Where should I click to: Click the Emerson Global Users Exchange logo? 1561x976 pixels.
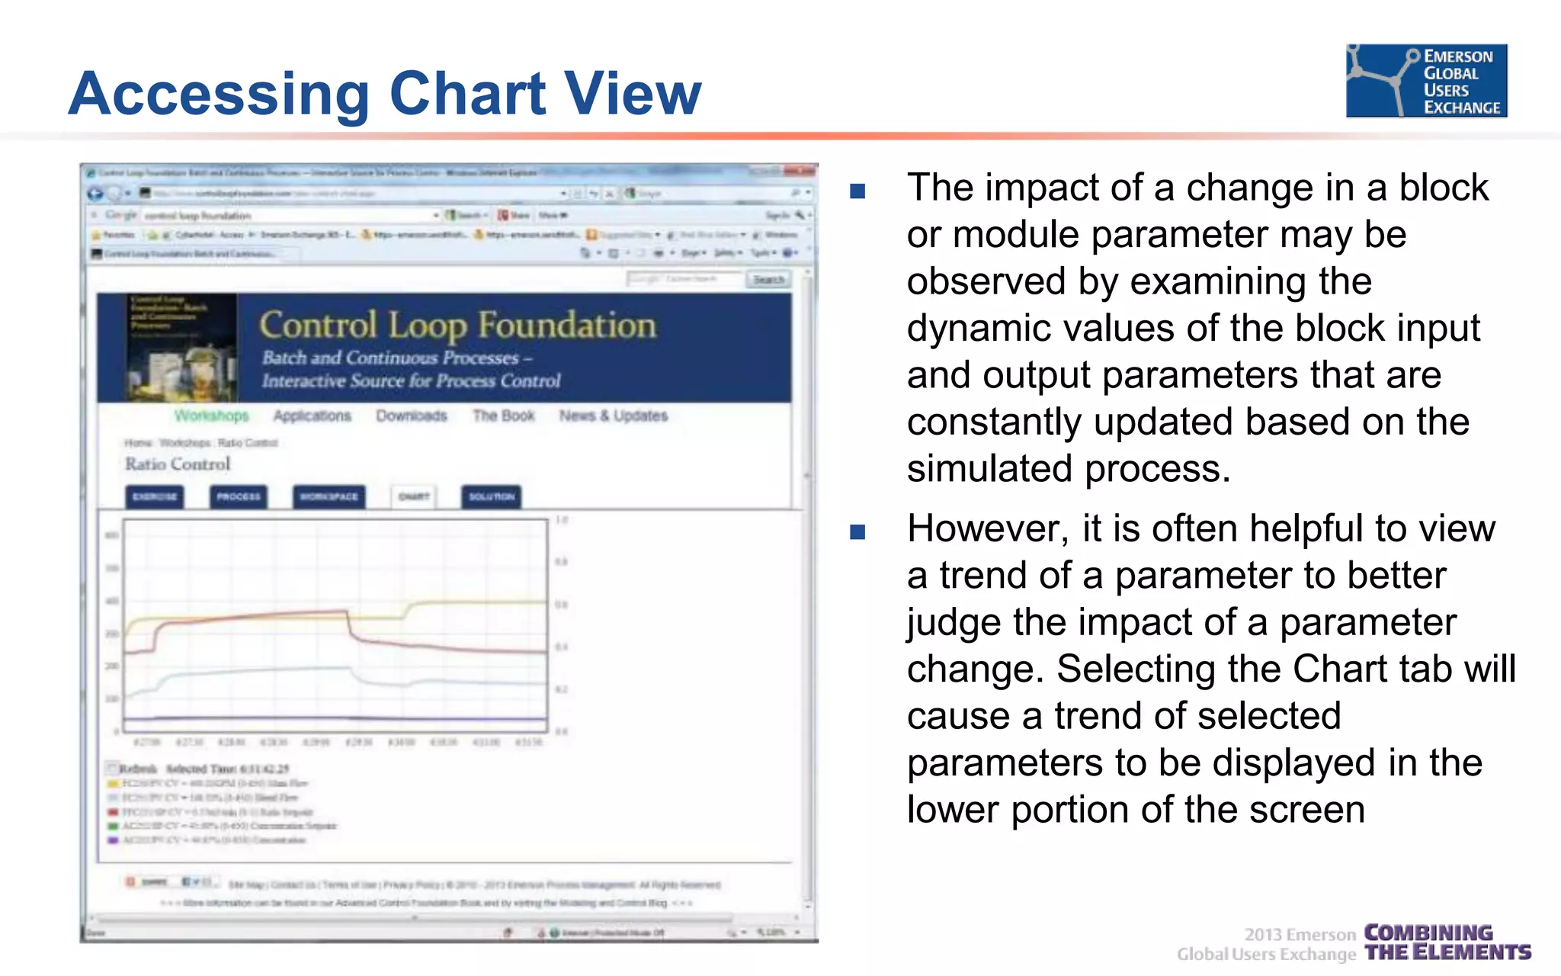(x=1426, y=81)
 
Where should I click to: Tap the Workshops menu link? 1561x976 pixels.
(x=211, y=416)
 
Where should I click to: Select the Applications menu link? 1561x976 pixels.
(x=312, y=416)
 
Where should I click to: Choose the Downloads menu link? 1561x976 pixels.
(x=411, y=416)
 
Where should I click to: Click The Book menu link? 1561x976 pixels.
(x=503, y=416)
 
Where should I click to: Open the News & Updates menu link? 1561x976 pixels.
(x=613, y=416)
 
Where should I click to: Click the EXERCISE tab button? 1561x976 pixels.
(x=155, y=496)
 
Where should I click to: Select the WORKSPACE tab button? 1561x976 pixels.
(x=329, y=496)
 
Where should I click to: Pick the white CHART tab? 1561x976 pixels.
(x=413, y=496)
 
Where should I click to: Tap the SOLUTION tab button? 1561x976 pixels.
(x=491, y=496)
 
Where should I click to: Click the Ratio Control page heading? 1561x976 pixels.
(x=178, y=464)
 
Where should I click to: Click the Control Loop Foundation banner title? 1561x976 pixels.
(x=457, y=326)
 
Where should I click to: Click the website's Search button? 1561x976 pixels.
(x=768, y=279)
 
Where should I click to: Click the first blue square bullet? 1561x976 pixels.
(x=857, y=191)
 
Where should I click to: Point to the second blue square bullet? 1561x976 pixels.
(x=857, y=531)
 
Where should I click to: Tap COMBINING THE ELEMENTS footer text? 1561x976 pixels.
(x=1447, y=942)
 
